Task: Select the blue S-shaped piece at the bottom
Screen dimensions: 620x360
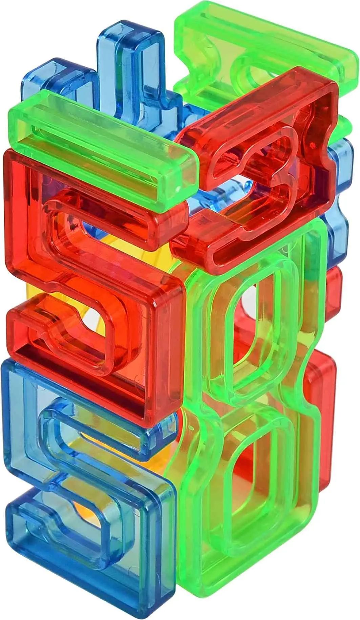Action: [85, 491]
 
